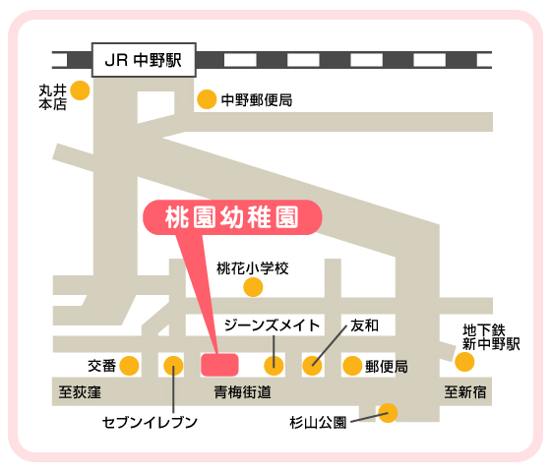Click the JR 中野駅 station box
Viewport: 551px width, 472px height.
coord(144,60)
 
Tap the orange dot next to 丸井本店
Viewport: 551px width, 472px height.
coord(80,90)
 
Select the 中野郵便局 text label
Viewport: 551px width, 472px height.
coord(257,100)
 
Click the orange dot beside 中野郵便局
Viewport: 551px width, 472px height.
coord(207,99)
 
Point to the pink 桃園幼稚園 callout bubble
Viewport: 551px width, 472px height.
coord(232,217)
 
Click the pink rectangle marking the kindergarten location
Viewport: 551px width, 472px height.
coord(219,365)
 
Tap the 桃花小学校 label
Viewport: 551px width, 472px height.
coord(253,268)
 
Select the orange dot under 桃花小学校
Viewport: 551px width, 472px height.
coord(253,287)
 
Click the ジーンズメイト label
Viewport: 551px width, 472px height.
coord(272,325)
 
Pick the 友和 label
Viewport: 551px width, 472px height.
coord(364,325)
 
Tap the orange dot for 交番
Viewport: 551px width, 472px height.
coord(129,366)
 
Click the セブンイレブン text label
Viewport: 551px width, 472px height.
coord(150,422)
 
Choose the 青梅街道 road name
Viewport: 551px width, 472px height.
coord(242,392)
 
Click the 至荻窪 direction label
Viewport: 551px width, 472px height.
coord(80,392)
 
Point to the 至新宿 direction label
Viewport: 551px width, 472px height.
coord(465,392)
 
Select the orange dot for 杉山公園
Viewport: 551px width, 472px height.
coord(388,413)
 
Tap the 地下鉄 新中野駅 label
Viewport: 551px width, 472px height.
coord(491,337)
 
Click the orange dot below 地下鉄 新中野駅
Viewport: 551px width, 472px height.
coord(464,362)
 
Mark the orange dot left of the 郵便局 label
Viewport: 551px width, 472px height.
coord(352,366)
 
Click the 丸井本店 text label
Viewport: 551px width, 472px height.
coord(53,97)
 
